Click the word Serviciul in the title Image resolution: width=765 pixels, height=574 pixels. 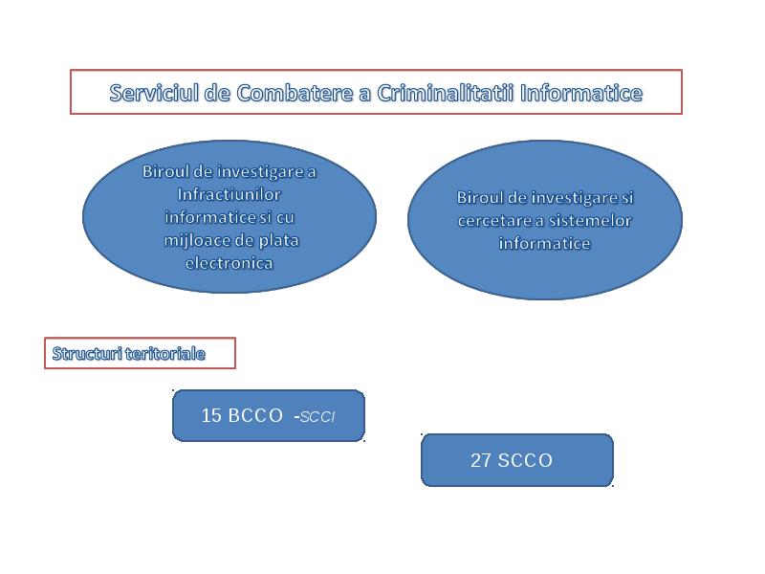pyautogui.click(x=154, y=93)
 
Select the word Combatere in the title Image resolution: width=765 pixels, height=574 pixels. pyautogui.click(x=295, y=93)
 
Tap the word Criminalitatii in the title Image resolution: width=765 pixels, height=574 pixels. pyautogui.click(x=445, y=93)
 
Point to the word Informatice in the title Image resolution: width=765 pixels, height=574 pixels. pyautogui.click(x=581, y=93)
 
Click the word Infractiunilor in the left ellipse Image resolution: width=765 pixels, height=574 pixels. pyautogui.click(x=229, y=194)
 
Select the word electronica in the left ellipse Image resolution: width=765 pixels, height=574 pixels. pyautogui.click(x=229, y=263)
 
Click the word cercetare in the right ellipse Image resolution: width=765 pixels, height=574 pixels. pyautogui.click(x=494, y=221)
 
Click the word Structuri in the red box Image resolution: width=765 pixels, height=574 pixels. pyautogui.click(x=87, y=353)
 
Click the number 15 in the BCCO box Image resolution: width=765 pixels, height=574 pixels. pyautogui.click(x=211, y=415)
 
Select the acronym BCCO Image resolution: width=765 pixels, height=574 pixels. pyautogui.click(x=255, y=415)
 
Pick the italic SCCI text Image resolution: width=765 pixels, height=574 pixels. pyautogui.click(x=317, y=417)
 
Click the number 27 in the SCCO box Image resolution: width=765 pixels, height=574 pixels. pyautogui.click(x=481, y=460)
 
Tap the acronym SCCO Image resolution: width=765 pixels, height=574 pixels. pyautogui.click(x=525, y=460)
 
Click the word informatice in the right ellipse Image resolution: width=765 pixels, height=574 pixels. pyautogui.click(x=544, y=243)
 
